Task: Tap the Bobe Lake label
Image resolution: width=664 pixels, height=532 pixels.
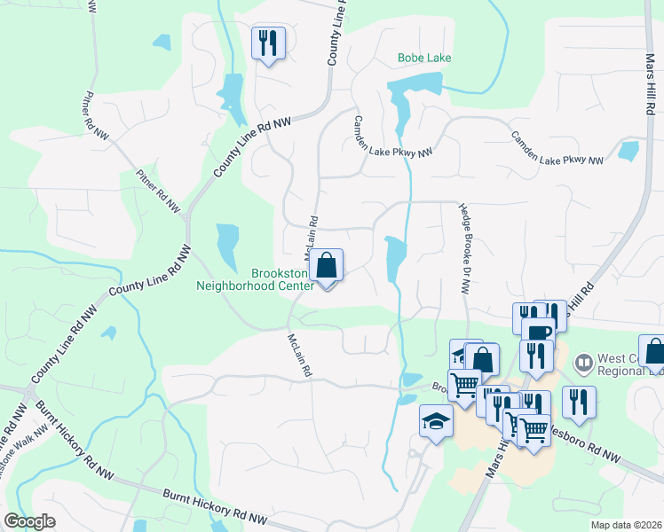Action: [423, 59]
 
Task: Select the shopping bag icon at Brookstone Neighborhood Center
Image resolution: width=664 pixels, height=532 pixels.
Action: [327, 266]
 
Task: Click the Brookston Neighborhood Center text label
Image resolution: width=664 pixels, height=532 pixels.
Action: [255, 280]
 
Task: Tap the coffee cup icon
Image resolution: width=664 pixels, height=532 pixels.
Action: [538, 332]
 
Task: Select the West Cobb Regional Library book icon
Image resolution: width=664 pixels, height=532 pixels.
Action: [583, 362]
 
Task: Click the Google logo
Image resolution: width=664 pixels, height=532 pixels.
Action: [28, 521]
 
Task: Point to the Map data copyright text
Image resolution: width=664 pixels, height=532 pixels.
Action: [624, 524]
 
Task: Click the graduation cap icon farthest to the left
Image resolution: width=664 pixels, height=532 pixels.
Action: [436, 422]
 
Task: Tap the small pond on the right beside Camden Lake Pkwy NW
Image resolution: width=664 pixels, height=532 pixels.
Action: [628, 151]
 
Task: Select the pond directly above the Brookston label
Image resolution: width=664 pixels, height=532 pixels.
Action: [227, 246]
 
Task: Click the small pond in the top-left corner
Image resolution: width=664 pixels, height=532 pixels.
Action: [162, 42]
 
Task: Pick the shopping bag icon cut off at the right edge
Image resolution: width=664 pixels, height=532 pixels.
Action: [653, 352]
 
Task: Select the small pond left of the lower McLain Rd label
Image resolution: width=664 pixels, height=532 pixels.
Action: [108, 333]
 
